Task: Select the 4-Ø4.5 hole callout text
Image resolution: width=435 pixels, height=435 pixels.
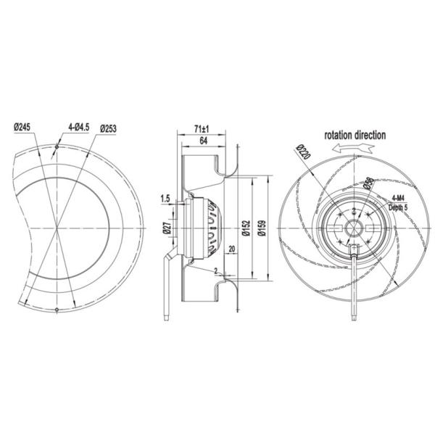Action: (x=78, y=128)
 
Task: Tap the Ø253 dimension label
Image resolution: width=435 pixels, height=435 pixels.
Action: (x=109, y=128)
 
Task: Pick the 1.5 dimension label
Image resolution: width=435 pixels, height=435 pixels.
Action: (x=165, y=199)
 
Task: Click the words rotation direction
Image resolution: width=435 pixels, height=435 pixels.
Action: (x=355, y=135)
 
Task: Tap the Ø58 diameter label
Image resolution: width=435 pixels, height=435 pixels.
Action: (x=368, y=184)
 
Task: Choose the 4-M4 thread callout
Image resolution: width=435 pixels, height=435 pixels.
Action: (x=397, y=198)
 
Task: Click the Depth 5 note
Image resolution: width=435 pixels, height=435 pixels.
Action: (x=399, y=207)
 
